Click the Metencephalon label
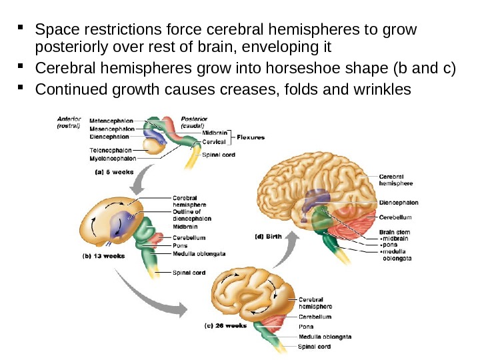tap(111, 121)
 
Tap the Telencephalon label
tap(110, 151)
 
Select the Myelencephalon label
tap(113, 159)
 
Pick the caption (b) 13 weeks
tap(103, 254)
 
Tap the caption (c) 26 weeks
tap(226, 327)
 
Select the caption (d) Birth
tap(269, 235)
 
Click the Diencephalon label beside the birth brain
tap(399, 202)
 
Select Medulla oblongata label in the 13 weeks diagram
tap(199, 253)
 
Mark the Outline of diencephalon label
tap(192, 215)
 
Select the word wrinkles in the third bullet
tap(385, 89)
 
